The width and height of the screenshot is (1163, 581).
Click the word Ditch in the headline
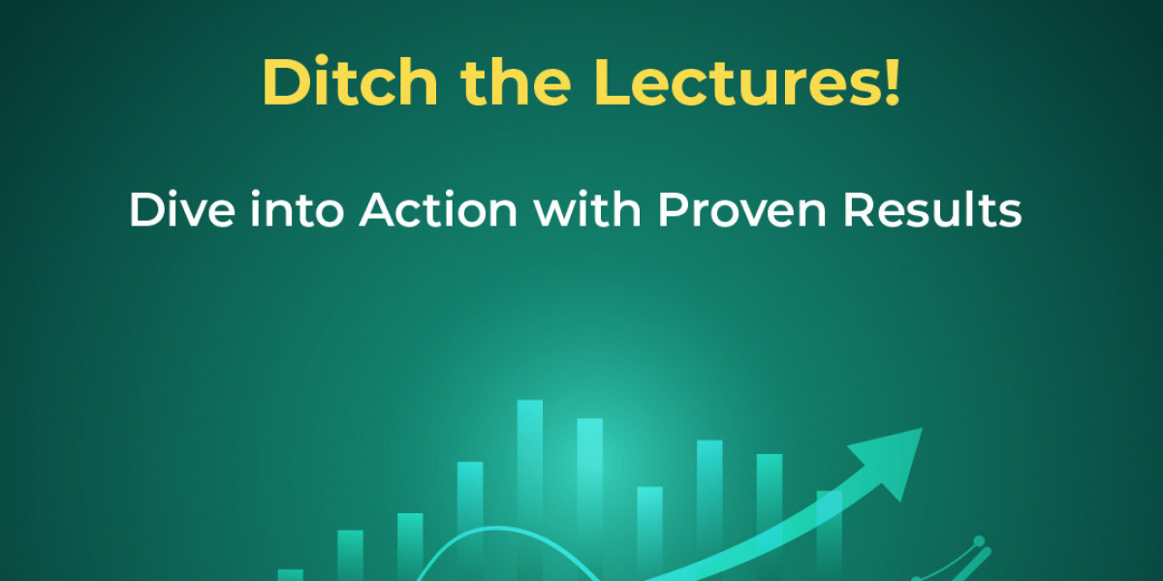tap(351, 81)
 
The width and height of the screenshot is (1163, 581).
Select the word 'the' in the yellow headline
tap(516, 81)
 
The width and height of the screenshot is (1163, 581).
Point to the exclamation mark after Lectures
tap(892, 81)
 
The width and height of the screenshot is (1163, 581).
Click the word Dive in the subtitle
tap(182, 209)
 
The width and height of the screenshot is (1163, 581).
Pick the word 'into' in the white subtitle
tap(297, 209)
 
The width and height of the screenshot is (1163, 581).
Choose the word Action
tap(438, 209)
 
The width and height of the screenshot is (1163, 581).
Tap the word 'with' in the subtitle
tap(587, 209)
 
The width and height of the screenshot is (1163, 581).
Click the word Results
tap(932, 209)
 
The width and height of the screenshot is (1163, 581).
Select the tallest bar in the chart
tap(530, 490)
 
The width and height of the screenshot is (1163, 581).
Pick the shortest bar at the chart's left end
tap(290, 575)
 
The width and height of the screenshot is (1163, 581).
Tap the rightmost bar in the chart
tap(830, 535)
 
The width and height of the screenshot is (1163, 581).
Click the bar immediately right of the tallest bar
tap(590, 500)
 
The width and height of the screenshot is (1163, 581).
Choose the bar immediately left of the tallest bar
tap(470, 521)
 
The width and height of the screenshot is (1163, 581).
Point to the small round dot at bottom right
tap(979, 541)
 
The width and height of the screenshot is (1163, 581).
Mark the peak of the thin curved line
tap(496, 528)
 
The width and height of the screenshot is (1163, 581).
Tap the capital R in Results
tap(859, 209)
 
